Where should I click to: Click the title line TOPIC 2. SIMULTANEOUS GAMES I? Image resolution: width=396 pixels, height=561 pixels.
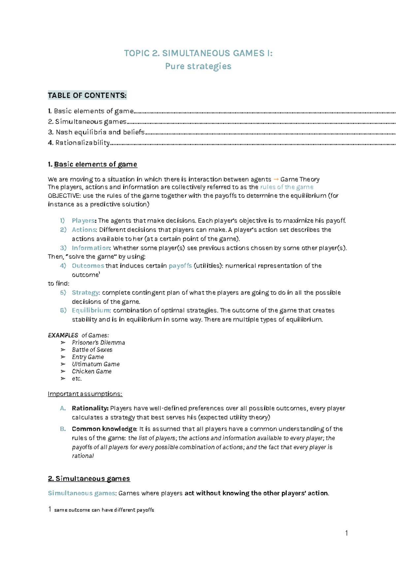198,53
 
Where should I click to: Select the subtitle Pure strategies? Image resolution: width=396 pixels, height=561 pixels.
198,66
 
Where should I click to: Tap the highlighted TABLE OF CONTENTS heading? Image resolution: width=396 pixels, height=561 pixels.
87,95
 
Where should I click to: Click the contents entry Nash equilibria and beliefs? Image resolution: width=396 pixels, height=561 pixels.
100,132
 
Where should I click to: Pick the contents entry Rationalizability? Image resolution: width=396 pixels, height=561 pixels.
82,143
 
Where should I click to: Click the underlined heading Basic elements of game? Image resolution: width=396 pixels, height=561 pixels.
95,164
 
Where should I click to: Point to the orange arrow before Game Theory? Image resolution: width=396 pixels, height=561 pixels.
276,179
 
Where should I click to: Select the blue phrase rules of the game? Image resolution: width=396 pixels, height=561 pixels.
286,187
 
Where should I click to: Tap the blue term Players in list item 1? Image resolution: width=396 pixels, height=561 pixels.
83,221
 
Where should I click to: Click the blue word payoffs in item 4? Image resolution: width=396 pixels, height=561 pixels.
180,266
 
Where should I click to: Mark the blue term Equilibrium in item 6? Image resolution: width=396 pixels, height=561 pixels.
91,310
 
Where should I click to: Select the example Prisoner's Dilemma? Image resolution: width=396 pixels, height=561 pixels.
98,343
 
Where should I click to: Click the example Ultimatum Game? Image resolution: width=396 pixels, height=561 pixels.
96,364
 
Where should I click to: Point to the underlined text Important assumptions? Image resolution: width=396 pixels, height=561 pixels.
85,394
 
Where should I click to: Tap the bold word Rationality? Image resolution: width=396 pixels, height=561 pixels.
90,408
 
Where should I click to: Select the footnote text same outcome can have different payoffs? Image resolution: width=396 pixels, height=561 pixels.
104,510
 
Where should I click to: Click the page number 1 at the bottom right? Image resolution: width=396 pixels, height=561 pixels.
346,533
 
